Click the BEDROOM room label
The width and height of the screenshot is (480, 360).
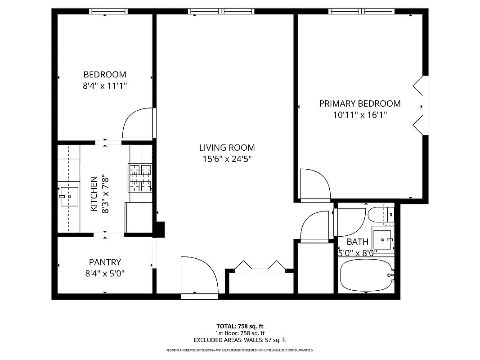pyautogui.click(x=105, y=74)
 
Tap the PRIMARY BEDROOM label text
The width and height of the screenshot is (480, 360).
pyautogui.click(x=359, y=103)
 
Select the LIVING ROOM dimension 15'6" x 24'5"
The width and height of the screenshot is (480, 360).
pyautogui.click(x=227, y=159)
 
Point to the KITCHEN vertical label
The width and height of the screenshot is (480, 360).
pyautogui.click(x=94, y=193)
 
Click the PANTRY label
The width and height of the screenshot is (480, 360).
pyautogui.click(x=105, y=262)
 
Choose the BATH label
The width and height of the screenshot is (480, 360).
pyautogui.click(x=358, y=242)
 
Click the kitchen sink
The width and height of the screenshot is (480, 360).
pyautogui.click(x=69, y=196)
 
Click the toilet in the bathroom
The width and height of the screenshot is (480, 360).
pyautogui.click(x=381, y=215)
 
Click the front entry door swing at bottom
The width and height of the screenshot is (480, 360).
pyautogui.click(x=198, y=277)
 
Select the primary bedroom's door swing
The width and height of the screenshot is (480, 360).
pyautogui.click(x=314, y=184)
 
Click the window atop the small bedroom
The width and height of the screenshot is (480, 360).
pyautogui.click(x=108, y=11)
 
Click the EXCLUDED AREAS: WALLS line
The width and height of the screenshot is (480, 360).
pyautogui.click(x=240, y=340)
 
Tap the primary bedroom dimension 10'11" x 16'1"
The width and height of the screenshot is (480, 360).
pyautogui.click(x=359, y=115)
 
